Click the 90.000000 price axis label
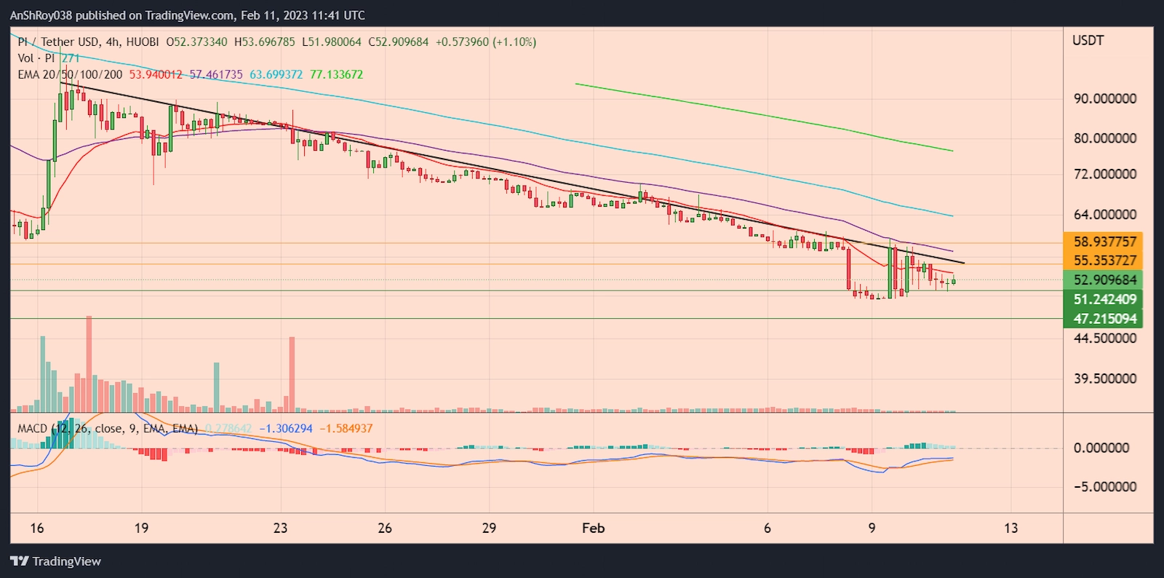(1104, 99)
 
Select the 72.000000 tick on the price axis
(1104, 174)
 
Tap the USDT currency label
(1088, 41)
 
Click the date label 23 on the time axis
(280, 528)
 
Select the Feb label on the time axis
(593, 528)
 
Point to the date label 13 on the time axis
(1010, 528)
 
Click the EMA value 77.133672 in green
(336, 74)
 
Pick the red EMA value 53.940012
(156, 74)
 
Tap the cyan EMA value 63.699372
(276, 74)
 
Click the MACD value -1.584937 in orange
(346, 428)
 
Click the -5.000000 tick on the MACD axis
(1104, 486)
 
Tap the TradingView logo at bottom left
(55, 561)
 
